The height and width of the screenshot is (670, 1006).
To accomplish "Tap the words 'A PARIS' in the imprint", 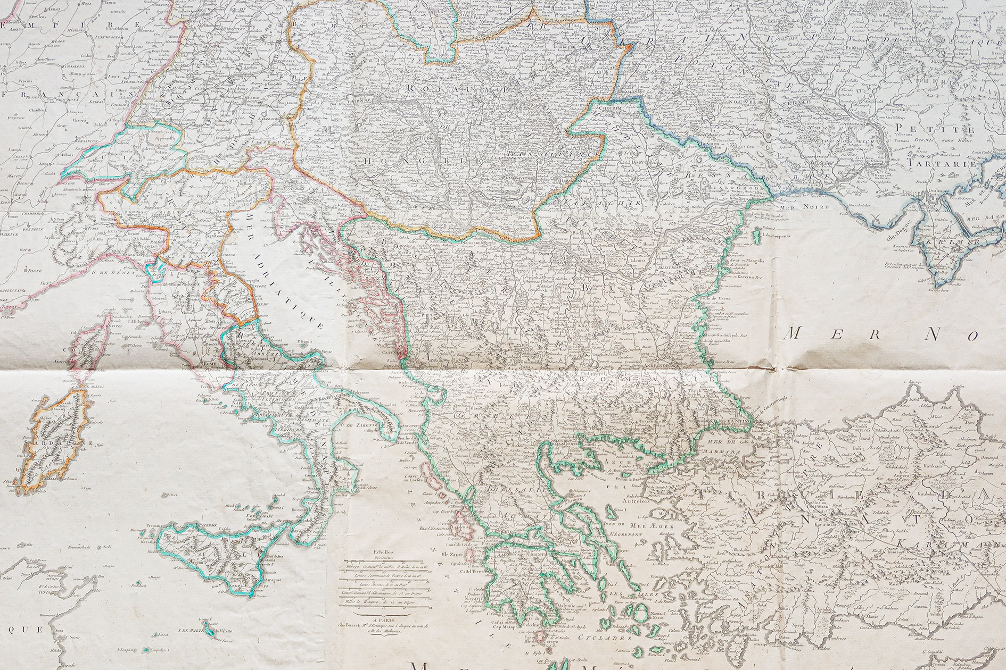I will click(384, 620).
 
